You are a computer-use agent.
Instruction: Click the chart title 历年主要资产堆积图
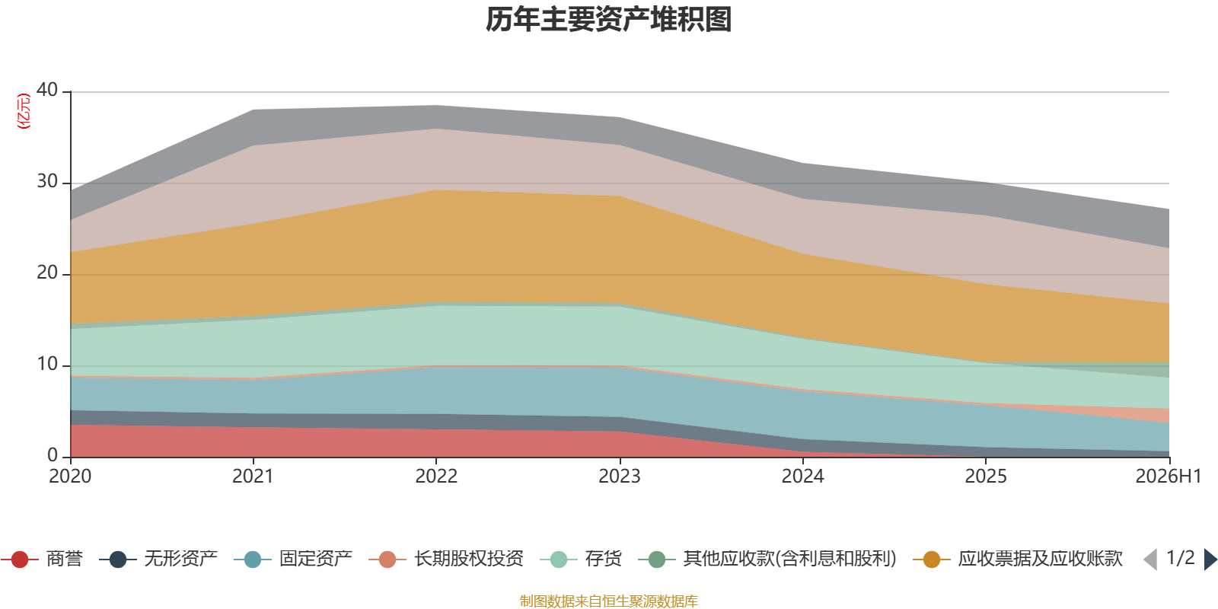[608, 20]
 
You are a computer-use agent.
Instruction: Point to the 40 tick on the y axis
[46, 91]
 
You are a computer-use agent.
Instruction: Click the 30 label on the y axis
[46, 182]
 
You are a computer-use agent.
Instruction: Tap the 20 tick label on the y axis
[46, 273]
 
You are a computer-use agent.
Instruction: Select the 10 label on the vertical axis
[46, 365]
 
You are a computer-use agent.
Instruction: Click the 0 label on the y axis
[53, 455]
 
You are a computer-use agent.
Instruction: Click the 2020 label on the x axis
[70, 477]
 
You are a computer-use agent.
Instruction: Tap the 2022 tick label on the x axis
[436, 477]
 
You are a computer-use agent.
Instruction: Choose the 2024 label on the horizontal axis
[802, 477]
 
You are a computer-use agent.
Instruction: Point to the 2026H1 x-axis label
[1168, 477]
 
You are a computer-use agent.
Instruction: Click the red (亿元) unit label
[24, 111]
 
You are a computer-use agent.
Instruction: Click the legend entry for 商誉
[42, 559]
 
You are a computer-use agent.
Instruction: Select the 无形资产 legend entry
[158, 559]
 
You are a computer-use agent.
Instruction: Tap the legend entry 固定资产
[293, 559]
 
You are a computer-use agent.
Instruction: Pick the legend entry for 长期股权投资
[446, 559]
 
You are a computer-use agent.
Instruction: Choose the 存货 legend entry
[581, 559]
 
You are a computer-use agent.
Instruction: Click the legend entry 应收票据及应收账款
[1017, 559]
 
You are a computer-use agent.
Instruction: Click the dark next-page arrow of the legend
[1210, 560]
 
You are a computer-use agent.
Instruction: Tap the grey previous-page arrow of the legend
[1150, 560]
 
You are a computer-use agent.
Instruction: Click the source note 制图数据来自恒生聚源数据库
[608, 601]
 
